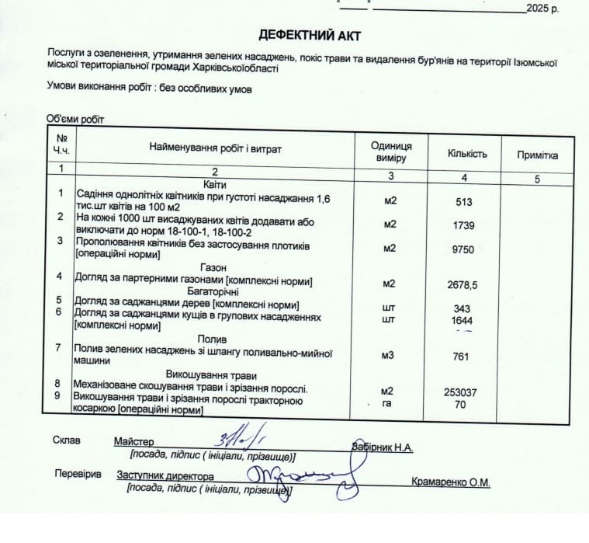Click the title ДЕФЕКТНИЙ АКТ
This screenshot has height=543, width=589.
click(310, 36)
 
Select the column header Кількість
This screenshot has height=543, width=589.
click(467, 153)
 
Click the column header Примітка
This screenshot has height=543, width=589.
click(537, 155)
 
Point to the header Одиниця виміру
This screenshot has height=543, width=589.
click(391, 151)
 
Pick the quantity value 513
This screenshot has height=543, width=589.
click(464, 202)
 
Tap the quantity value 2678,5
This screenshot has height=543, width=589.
click(463, 285)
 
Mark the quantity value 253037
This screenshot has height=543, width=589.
click(460, 392)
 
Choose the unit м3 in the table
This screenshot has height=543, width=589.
click(390, 357)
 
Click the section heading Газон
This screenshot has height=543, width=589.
click(213, 267)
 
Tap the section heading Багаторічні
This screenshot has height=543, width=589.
click(213, 291)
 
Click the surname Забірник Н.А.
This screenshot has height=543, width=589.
click(382, 447)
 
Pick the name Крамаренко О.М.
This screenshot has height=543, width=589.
click(450, 482)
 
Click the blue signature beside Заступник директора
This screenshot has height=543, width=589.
click(299, 475)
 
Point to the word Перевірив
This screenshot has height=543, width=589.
click(78, 474)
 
